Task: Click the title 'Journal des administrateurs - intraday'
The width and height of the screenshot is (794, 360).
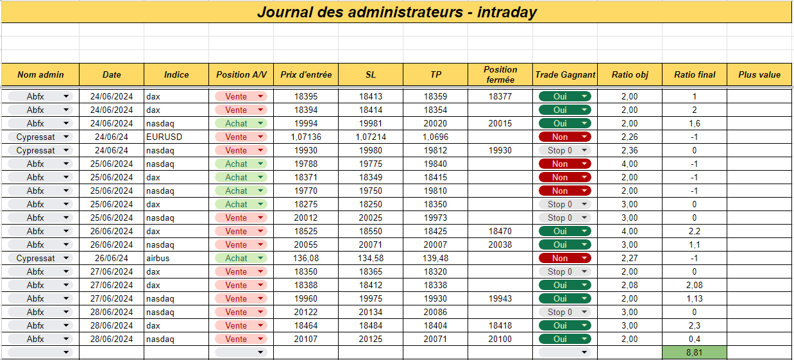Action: click(397, 12)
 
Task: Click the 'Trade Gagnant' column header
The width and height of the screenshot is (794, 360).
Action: click(565, 74)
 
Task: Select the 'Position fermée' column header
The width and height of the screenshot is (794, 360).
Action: click(500, 74)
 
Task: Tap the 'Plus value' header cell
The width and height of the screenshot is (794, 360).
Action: click(759, 74)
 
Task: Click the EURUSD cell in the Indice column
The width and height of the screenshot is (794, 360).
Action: click(164, 137)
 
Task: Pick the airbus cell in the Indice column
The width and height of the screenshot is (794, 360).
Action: click(158, 258)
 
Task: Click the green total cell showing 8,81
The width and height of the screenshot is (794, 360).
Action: click(695, 352)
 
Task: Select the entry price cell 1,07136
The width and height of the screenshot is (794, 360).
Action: click(306, 137)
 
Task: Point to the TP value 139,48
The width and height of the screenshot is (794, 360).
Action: click(435, 258)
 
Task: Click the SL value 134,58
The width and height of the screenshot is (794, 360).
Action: click(371, 258)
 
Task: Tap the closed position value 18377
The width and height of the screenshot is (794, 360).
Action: click(500, 96)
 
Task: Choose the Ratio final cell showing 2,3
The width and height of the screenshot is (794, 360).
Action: click(695, 325)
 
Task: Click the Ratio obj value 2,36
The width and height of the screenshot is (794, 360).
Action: click(630, 150)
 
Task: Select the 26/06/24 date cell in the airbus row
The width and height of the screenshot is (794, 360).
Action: click(112, 258)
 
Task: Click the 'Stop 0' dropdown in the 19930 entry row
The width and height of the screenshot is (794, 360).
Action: click(565, 150)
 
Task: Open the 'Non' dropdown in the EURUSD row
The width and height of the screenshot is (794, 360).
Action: click(565, 137)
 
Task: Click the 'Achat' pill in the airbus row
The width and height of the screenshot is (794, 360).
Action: click(241, 258)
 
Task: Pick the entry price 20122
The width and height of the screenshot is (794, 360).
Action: click(306, 312)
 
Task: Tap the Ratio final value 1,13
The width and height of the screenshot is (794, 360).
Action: click(695, 298)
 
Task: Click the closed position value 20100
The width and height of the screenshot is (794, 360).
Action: click(500, 339)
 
